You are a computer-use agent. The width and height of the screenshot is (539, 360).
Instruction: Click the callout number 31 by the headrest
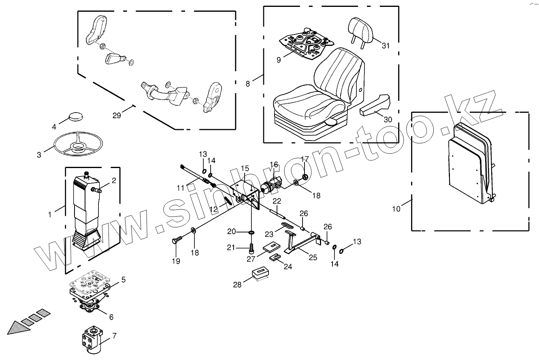point(386,46)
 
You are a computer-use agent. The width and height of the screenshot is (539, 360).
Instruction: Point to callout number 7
point(114,336)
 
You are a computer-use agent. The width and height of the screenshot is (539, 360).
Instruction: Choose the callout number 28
point(237,284)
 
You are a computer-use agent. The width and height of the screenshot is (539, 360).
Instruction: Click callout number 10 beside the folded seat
point(396,209)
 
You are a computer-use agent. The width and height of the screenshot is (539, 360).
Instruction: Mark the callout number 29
point(117,115)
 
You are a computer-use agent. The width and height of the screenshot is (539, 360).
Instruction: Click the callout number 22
point(276,201)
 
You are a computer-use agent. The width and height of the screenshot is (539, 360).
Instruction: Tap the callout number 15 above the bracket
point(245,168)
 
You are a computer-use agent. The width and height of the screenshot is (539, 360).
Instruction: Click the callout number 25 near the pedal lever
point(313,257)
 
